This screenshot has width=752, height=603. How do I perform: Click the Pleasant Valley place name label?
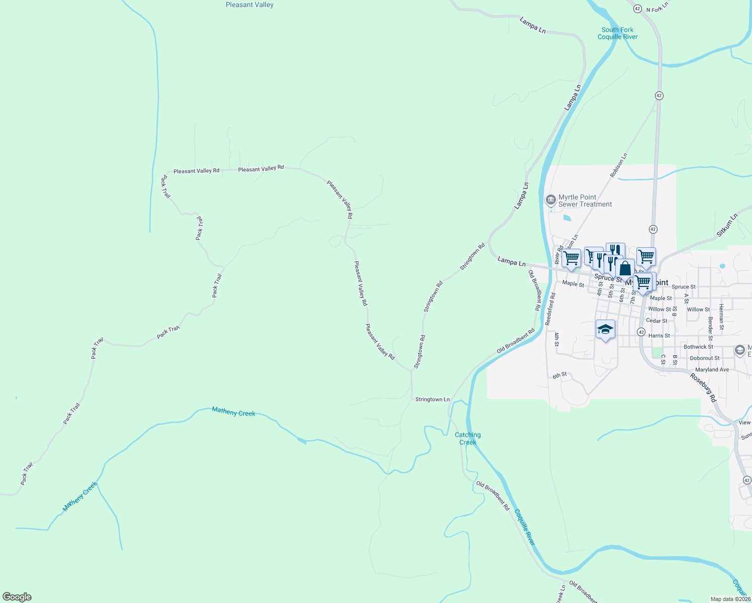[x=249, y=5]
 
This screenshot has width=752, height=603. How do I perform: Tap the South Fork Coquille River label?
[x=617, y=33]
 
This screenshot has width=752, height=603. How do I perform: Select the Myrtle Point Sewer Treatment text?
[x=585, y=200]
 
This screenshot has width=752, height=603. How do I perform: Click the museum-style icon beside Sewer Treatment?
[x=550, y=200]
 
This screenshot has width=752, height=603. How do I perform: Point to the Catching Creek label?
[x=467, y=439]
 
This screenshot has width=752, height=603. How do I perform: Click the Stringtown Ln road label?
[x=432, y=399]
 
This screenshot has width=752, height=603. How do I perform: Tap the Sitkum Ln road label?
[x=727, y=225]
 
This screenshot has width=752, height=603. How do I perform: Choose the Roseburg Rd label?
[x=702, y=387]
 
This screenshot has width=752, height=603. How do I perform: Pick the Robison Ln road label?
[x=619, y=165]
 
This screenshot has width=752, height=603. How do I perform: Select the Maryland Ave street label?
[x=712, y=370]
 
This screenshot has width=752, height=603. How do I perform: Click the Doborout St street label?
[x=704, y=358]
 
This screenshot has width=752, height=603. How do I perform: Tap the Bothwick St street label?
[x=698, y=347]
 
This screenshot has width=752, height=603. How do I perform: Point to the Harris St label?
[x=659, y=336]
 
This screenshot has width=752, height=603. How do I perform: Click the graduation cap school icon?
[x=605, y=330]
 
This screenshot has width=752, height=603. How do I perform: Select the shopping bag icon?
[x=625, y=268]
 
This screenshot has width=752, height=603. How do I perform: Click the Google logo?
[x=17, y=597]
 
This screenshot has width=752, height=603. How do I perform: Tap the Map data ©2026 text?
[x=730, y=599]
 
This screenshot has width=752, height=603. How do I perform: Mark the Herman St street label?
[x=721, y=317]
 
